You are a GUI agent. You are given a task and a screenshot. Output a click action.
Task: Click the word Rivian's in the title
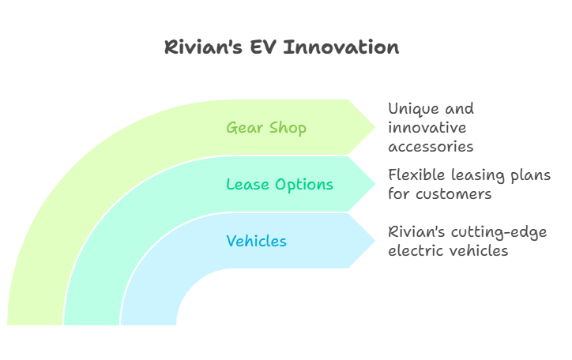point(203,47)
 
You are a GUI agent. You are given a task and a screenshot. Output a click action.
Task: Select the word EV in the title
point(262,47)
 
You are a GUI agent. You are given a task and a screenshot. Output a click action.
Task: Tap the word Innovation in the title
point(341,47)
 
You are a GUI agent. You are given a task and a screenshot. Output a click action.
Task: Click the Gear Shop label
point(266,128)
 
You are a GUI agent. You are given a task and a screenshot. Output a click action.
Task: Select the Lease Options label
point(280,185)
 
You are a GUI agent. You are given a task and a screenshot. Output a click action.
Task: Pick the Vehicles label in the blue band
point(257,242)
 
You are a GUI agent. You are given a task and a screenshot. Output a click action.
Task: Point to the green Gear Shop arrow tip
point(375,127)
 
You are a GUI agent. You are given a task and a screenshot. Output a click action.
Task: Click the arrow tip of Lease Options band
point(375,184)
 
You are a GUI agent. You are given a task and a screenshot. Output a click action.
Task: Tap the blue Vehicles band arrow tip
point(375,241)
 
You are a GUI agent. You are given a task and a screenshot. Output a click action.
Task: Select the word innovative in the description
point(427,128)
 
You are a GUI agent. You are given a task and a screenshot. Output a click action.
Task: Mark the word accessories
point(431,147)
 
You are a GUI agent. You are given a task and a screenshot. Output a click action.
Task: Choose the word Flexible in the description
point(416,175)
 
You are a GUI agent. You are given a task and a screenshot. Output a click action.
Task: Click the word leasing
point(478,175)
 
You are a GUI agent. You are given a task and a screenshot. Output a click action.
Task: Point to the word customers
point(453,194)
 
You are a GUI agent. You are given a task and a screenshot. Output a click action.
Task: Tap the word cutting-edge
point(499,232)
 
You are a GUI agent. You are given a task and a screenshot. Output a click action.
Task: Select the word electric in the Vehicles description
point(415,251)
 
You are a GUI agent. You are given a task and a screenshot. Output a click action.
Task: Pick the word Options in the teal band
point(304,185)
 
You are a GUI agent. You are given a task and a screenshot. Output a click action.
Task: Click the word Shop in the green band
point(288,128)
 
